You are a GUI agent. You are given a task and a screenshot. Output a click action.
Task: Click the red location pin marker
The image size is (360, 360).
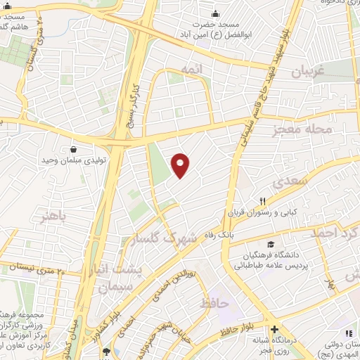click(x=181, y=165)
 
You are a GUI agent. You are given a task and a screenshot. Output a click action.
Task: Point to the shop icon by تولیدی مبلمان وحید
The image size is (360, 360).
click(x=74, y=148)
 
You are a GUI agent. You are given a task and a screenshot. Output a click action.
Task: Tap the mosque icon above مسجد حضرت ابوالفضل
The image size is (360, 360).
click(x=215, y=13)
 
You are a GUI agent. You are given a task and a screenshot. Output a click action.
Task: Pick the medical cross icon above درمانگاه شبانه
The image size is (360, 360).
click(x=274, y=329)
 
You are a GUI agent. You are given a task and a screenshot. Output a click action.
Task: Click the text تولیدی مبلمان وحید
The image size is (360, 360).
click(x=75, y=161)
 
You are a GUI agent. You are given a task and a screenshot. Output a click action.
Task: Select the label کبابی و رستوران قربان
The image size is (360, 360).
click(x=268, y=212)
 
